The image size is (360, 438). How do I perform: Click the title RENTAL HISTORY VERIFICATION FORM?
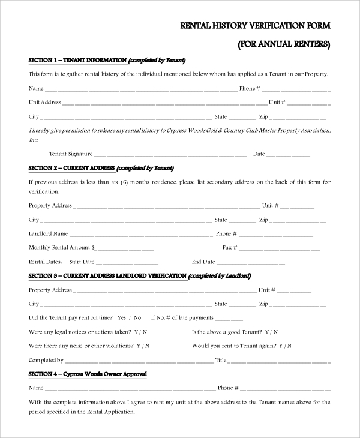pos(256,25)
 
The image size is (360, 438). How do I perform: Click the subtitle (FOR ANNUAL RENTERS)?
pos(284,44)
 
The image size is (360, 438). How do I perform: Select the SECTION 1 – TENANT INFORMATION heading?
pos(77,60)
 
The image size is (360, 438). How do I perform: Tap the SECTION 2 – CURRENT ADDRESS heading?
pos(72,168)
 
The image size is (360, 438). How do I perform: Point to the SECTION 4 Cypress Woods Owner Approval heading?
pos(88,374)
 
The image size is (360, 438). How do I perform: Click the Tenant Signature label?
pos(70,154)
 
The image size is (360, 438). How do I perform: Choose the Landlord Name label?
pos(49,233)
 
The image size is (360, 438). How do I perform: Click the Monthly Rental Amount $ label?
pos(62,247)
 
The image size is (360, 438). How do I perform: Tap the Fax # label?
pos(230,247)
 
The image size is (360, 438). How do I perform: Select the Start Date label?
pos(82,262)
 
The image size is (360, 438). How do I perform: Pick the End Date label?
pos(203,262)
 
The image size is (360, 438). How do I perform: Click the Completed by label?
pos(46,360)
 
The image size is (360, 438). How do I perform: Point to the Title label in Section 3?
pos(221,360)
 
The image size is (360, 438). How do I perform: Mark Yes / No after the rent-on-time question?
pos(130,317)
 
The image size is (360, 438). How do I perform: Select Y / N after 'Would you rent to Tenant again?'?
pos(285,346)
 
